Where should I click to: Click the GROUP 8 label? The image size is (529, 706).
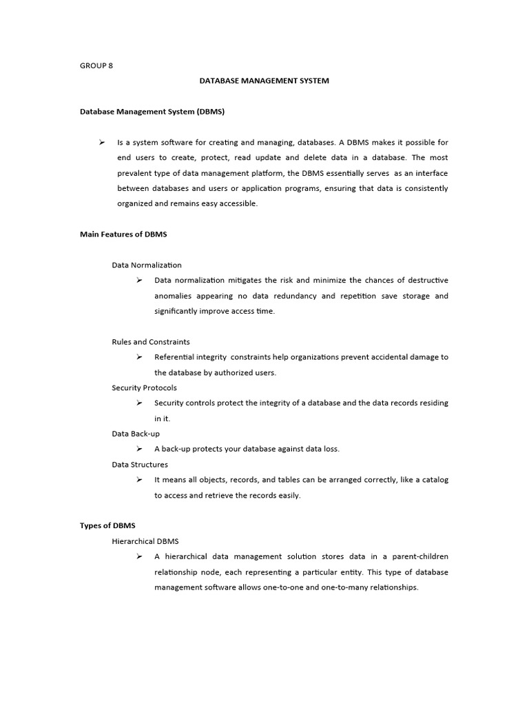(96, 65)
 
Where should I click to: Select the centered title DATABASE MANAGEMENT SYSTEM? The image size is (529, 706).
(264, 81)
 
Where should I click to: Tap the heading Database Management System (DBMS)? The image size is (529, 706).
(152, 111)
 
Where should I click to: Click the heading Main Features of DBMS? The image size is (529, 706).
(123, 234)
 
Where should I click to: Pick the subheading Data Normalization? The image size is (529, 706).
(147, 265)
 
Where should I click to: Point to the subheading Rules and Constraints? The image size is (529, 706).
(151, 342)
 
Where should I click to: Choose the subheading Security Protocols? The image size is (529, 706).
(144, 387)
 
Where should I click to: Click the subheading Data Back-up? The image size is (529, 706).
(136, 434)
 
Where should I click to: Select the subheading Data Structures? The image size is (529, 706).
(140, 465)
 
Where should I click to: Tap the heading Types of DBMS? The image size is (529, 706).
(107, 525)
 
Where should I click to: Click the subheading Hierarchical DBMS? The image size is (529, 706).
(145, 541)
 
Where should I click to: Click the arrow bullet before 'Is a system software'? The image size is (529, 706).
(101, 142)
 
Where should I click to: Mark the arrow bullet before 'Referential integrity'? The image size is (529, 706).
(139, 356)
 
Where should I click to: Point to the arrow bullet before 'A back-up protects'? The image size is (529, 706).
(139, 449)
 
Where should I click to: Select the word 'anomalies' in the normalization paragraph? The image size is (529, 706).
(172, 296)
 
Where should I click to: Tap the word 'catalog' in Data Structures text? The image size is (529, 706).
(433, 480)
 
